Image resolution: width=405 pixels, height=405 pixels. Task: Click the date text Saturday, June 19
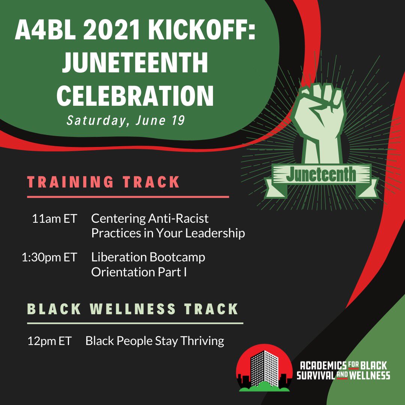click(x=125, y=121)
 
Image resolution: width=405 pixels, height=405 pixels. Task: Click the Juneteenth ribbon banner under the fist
click(x=321, y=176)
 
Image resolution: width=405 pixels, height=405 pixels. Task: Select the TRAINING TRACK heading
click(x=103, y=182)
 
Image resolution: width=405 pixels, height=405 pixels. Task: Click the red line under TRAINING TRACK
click(x=127, y=196)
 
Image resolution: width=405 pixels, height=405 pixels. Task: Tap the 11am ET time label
click(x=54, y=219)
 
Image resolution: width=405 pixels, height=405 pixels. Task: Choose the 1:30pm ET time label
click(x=49, y=258)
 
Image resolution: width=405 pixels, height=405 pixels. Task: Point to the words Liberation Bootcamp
click(x=148, y=258)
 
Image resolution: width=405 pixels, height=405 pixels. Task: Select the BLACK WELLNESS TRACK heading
click(x=133, y=309)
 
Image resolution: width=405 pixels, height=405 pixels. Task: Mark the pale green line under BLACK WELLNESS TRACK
click(x=135, y=323)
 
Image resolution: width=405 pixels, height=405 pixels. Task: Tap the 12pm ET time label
click(x=49, y=341)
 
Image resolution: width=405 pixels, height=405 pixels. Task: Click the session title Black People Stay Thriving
click(x=154, y=341)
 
